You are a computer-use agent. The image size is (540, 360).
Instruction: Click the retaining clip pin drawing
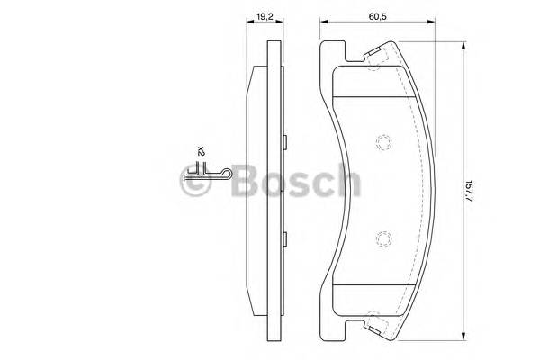point(214,172)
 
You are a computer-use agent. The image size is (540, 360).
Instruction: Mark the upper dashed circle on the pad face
point(382,142)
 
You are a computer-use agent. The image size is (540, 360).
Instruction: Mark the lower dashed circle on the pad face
point(382,238)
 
